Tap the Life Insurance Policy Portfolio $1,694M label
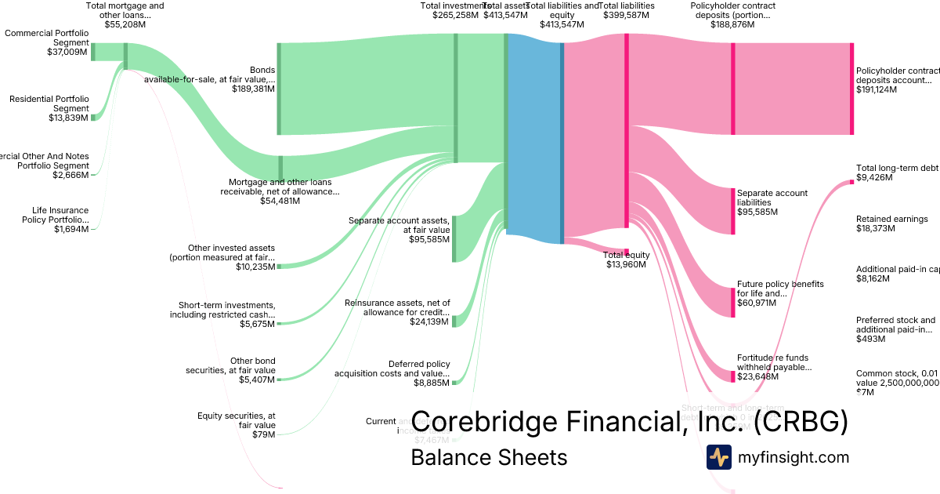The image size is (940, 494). pyautogui.click(x=60, y=220)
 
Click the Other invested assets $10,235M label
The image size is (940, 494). pyautogui.click(x=222, y=257)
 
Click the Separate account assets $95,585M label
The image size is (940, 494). pyautogui.click(x=399, y=230)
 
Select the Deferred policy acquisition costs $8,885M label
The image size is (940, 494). pyautogui.click(x=392, y=373)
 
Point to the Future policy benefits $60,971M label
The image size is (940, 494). pyautogui.click(x=779, y=293)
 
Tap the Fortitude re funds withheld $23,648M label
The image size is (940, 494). pyautogui.click(x=774, y=367)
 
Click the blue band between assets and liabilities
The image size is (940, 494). pyautogui.click(x=534, y=137)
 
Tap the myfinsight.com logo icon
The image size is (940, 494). pyautogui.click(x=718, y=457)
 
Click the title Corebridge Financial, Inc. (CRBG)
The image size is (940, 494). pyautogui.click(x=629, y=422)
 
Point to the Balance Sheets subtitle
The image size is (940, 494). pyautogui.click(x=489, y=457)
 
